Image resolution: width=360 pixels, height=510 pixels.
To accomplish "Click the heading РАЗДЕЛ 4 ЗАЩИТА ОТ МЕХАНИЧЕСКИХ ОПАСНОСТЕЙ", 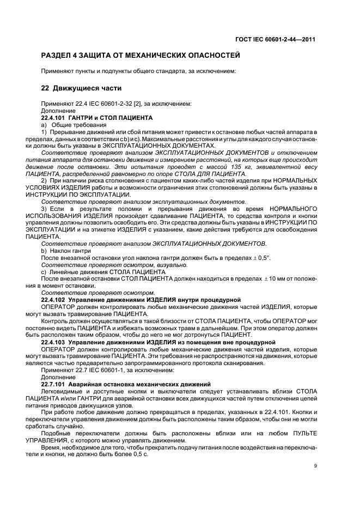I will pos(140,56).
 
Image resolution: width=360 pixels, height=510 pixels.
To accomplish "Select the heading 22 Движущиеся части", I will pos(81,88).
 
